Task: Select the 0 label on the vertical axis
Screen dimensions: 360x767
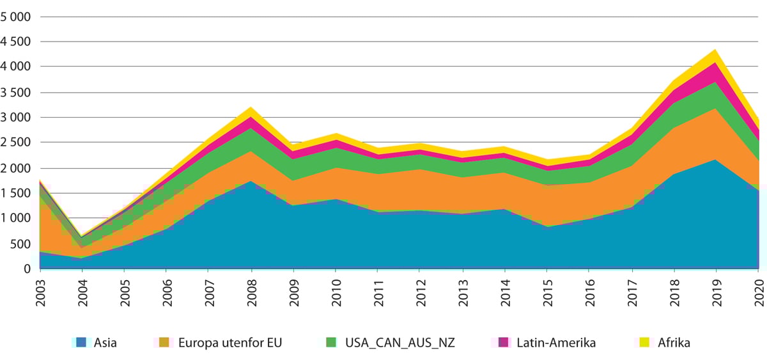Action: coord(27,269)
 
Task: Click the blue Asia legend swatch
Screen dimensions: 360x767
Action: coord(81,343)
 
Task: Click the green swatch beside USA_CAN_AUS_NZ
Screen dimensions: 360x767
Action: coord(330,343)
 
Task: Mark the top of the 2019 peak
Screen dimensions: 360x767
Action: coord(716,49)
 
